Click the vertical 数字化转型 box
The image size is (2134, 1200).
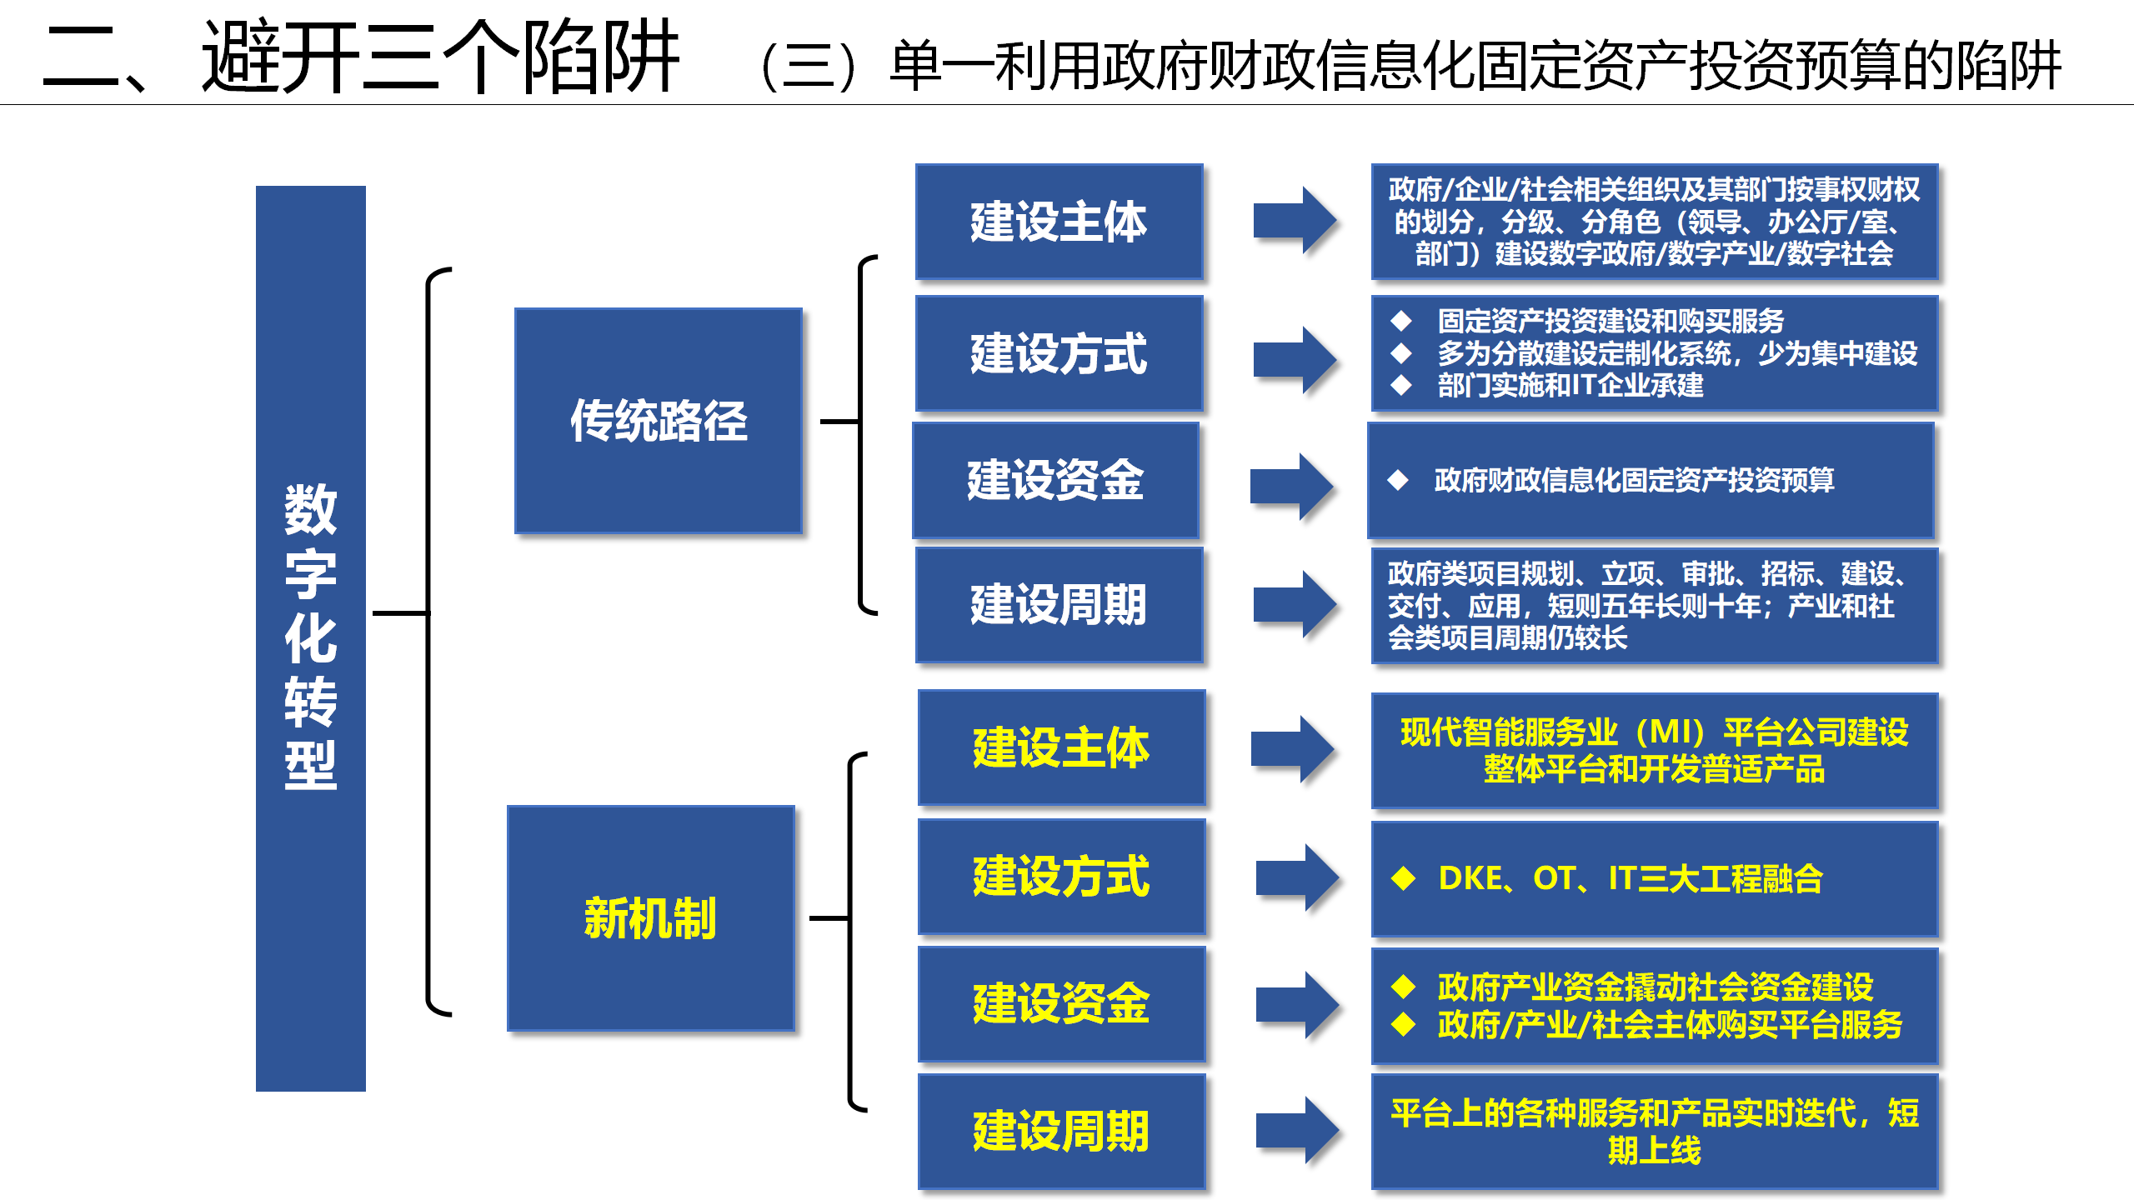pos(310,638)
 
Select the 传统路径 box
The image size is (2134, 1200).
pos(659,421)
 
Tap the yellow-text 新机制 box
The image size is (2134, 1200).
pos(651,918)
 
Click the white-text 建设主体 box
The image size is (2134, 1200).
pos(1059,222)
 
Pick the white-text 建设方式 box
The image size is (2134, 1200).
pos(1059,353)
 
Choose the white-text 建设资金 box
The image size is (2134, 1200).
pos(1055,480)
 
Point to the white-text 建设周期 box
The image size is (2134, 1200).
pos(1059,605)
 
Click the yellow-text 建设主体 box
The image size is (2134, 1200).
pos(1061,747)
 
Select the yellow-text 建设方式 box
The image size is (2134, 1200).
pos(1061,877)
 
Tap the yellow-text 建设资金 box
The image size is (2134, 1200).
pos(1061,1004)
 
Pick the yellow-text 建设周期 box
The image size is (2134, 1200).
pos(1061,1132)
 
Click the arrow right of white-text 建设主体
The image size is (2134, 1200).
pos(1295,221)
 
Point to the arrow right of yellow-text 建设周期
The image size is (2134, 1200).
pos(1298,1131)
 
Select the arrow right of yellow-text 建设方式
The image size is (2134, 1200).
pos(1298,877)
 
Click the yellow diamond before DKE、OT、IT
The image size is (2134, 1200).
pos(1403,878)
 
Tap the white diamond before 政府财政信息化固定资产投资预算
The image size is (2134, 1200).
pos(1398,480)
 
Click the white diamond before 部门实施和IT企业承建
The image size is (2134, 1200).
pos(1401,385)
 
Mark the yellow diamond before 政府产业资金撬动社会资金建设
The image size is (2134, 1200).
pos(1403,987)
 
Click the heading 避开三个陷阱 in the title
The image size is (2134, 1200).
pos(440,57)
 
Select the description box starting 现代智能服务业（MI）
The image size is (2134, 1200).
pos(1655,751)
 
